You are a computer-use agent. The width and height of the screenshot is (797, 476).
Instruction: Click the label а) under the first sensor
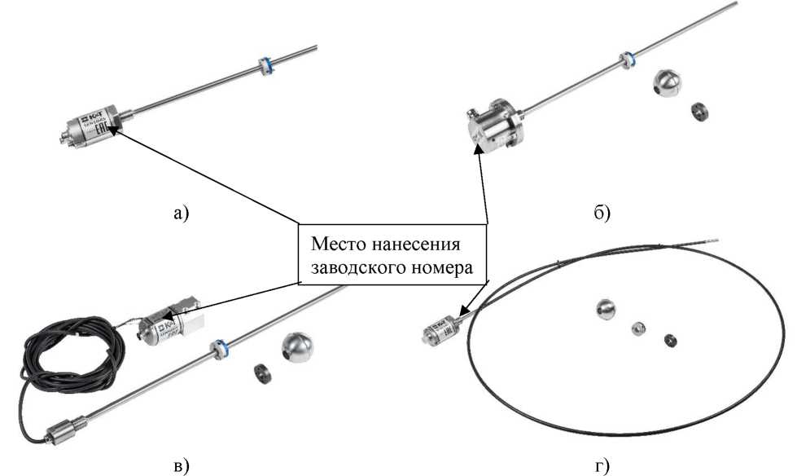pos(181,214)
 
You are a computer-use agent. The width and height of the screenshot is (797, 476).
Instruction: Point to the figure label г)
pos(602,465)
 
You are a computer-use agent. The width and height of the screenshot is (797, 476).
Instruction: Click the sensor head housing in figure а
pos(94,127)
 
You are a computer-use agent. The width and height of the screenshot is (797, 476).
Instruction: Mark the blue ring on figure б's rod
pos(625,59)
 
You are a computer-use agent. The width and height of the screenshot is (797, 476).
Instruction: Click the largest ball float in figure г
pos(606,309)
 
